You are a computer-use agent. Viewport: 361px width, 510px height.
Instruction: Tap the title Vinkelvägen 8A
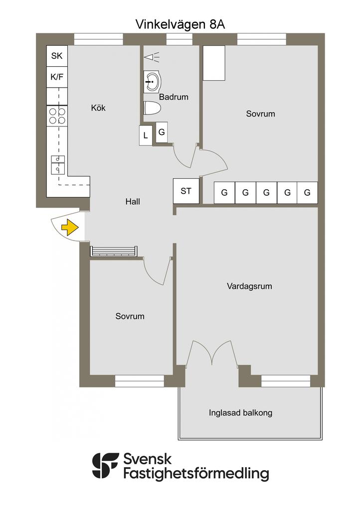[180, 24]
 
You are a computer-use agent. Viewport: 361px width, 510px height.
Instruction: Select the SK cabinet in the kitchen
[57, 56]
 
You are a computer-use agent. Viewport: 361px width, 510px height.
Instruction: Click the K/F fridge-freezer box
[57, 77]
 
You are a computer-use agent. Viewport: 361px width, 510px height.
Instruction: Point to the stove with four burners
[57, 117]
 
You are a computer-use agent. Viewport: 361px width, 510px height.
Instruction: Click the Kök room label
[98, 108]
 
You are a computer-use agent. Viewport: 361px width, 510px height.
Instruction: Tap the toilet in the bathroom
[152, 108]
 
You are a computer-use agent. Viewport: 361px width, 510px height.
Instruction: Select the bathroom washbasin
[152, 81]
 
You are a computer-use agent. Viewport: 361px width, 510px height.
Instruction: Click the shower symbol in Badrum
[152, 57]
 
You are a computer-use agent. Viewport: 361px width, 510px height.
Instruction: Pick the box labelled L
[146, 135]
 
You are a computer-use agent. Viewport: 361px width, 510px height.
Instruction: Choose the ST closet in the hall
[186, 191]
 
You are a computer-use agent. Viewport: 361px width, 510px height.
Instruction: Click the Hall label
[133, 202]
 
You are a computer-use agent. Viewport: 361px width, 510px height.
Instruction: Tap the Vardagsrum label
[249, 286]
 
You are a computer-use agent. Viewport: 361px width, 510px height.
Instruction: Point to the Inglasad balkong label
[240, 413]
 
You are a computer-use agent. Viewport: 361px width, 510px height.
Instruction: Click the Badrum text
[174, 97]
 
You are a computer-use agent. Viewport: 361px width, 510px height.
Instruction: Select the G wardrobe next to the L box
[162, 132]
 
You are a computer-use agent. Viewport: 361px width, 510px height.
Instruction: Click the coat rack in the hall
[113, 251]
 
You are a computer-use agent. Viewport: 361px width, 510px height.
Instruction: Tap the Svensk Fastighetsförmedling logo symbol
[105, 466]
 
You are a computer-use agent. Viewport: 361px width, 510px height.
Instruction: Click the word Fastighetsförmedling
[196, 474]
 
